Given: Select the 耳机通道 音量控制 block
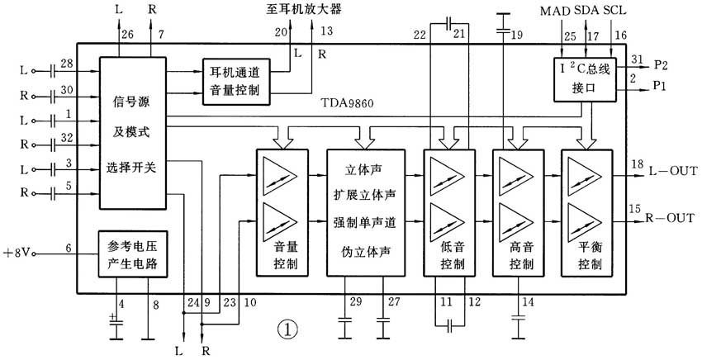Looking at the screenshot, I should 234,80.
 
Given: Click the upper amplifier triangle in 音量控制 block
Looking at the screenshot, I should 282,177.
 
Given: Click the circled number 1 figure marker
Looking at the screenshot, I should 286,329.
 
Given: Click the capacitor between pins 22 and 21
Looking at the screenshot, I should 448,24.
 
